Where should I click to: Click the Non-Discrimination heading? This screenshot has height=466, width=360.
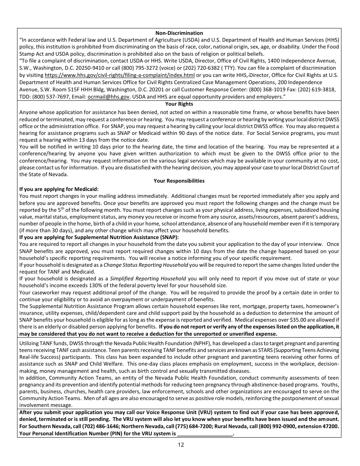pos(179,33)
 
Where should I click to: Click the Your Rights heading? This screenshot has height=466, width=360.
pos(179,104)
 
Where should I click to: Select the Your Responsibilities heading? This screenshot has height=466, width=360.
pos(179,181)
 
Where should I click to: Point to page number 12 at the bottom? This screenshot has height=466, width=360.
pos(181,444)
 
